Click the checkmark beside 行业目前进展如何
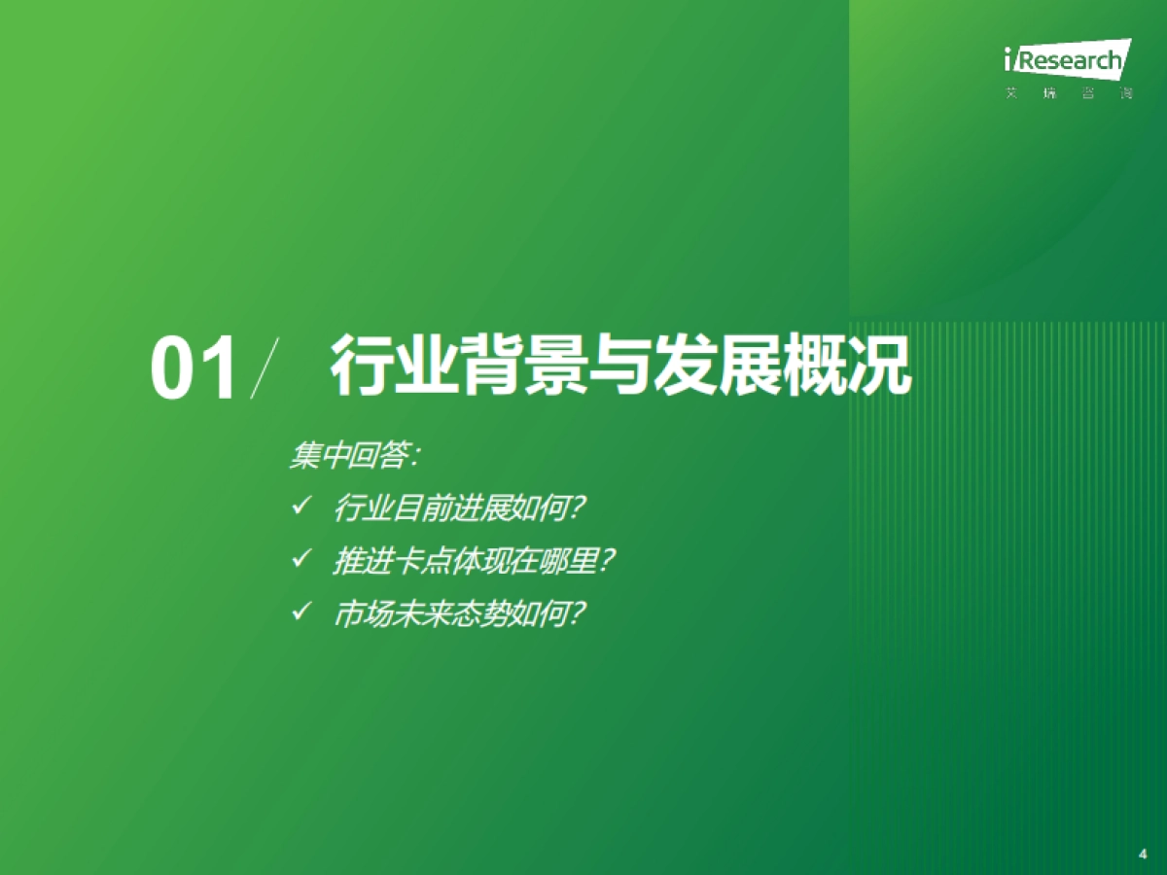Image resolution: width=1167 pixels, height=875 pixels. pos(301,506)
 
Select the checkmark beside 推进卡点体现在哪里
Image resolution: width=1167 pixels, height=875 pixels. pos(301,559)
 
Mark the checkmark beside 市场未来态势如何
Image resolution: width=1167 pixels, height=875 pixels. pos(301,612)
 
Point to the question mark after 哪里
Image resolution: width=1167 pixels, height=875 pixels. pos(610,561)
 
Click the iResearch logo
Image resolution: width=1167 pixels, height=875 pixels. pos(1067,60)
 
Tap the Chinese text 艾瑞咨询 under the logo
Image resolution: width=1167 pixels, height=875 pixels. pos(1068,94)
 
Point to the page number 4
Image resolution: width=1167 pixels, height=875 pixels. pos(1143,854)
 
